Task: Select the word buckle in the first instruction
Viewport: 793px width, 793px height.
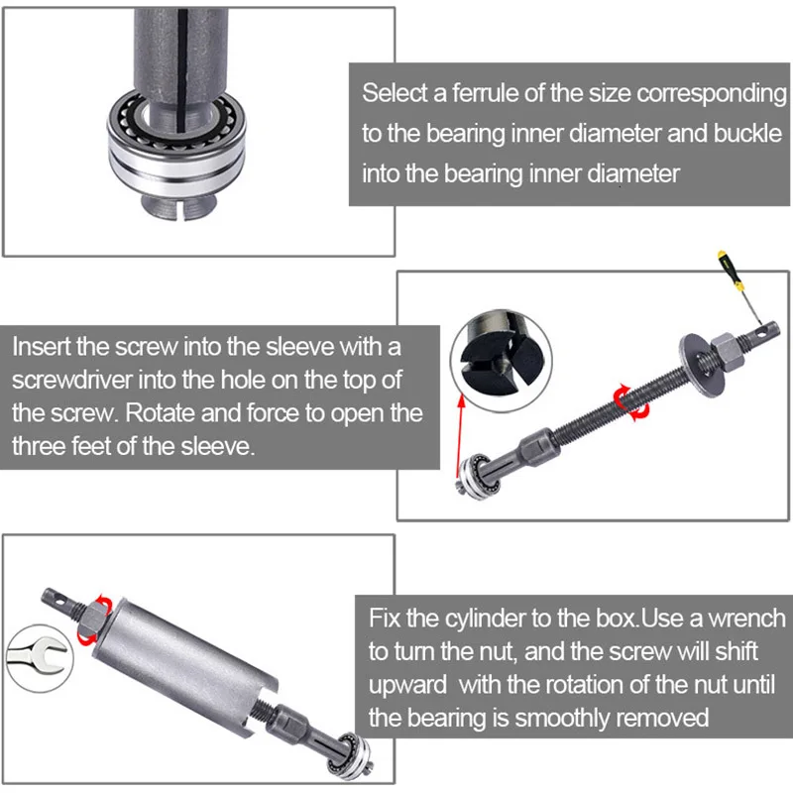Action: click(745, 134)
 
